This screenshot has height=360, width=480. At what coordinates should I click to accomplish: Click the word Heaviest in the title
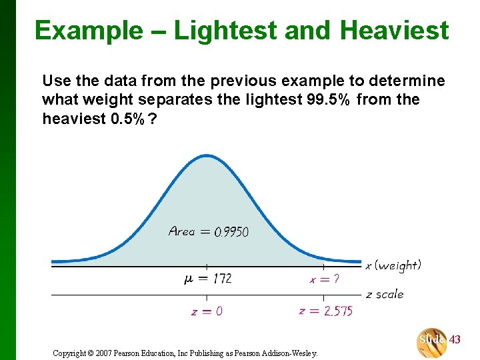pyautogui.click(x=394, y=30)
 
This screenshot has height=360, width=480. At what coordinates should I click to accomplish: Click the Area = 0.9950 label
pyautogui.click(x=209, y=231)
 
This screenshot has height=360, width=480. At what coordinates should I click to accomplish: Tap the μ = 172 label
pyautogui.click(x=207, y=279)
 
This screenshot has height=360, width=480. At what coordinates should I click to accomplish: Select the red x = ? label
pyautogui.click(x=324, y=279)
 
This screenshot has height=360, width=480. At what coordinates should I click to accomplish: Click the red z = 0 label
pyautogui.click(x=207, y=311)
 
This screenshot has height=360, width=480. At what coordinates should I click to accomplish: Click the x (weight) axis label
pyautogui.click(x=393, y=265)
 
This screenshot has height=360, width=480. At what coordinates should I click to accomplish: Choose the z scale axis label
pyautogui.click(x=385, y=294)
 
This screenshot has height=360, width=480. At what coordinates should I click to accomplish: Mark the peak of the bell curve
pyautogui.click(x=206, y=156)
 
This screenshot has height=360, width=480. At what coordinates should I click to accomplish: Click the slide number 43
pyautogui.click(x=455, y=340)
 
